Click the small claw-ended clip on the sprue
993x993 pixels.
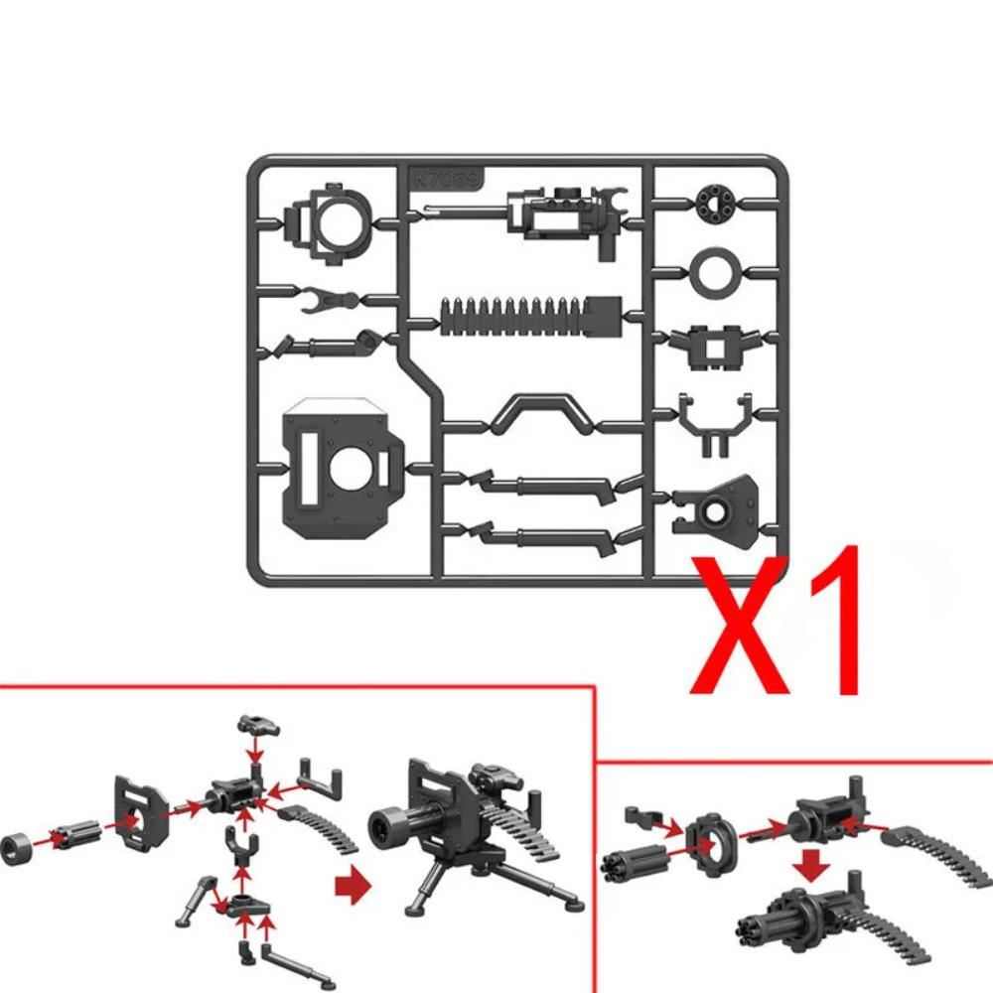coord(326,297)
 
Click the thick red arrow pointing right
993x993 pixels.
coord(352,884)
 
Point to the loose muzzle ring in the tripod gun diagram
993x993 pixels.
coord(19,852)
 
